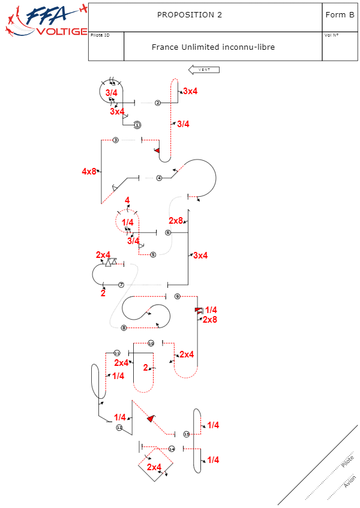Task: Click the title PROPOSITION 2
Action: point(190,15)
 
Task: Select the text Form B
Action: point(340,15)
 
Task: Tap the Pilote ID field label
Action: point(100,35)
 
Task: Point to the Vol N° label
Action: point(331,35)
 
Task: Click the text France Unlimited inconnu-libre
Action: point(213,47)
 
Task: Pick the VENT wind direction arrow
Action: point(204,70)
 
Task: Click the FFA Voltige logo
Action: point(46,22)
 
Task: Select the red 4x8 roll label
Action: point(89,172)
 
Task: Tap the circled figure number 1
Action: point(137,125)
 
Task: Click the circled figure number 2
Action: point(158,103)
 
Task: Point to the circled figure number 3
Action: point(116,140)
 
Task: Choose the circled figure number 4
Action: point(159,178)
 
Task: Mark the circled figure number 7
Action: point(121,284)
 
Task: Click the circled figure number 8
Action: point(124,327)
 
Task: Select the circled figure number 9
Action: point(177,296)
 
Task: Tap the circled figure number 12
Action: point(119,428)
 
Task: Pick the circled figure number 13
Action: point(186,434)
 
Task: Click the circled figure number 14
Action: point(172,449)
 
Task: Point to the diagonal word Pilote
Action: point(347,462)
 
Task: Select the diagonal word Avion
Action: point(350,481)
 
